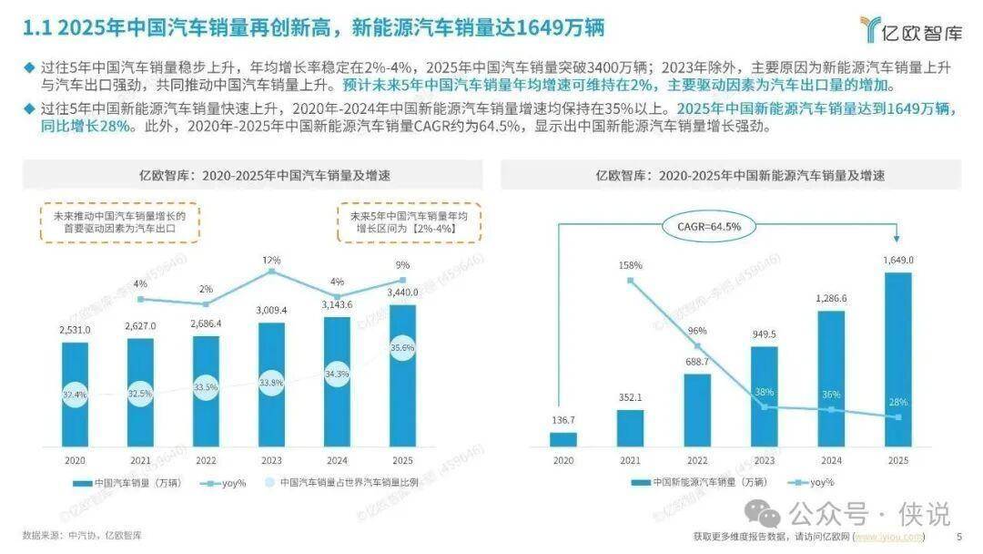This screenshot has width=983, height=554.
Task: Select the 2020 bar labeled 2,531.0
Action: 76,392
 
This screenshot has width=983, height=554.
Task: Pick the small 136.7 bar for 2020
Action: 563,438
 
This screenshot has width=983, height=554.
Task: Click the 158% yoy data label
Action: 630,265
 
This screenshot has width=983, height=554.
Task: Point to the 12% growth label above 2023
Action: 271,261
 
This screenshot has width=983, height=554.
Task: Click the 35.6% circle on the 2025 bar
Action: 401,347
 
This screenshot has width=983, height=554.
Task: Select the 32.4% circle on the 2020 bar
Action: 76,395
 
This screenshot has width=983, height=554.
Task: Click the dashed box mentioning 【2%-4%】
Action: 409,222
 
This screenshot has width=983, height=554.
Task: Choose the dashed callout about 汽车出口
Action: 119,222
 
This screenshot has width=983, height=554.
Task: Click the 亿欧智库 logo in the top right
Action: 909,29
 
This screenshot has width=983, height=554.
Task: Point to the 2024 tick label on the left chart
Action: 337,460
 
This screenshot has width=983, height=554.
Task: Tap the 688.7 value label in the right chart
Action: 696,363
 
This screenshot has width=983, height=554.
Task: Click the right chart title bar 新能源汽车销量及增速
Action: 731,174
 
